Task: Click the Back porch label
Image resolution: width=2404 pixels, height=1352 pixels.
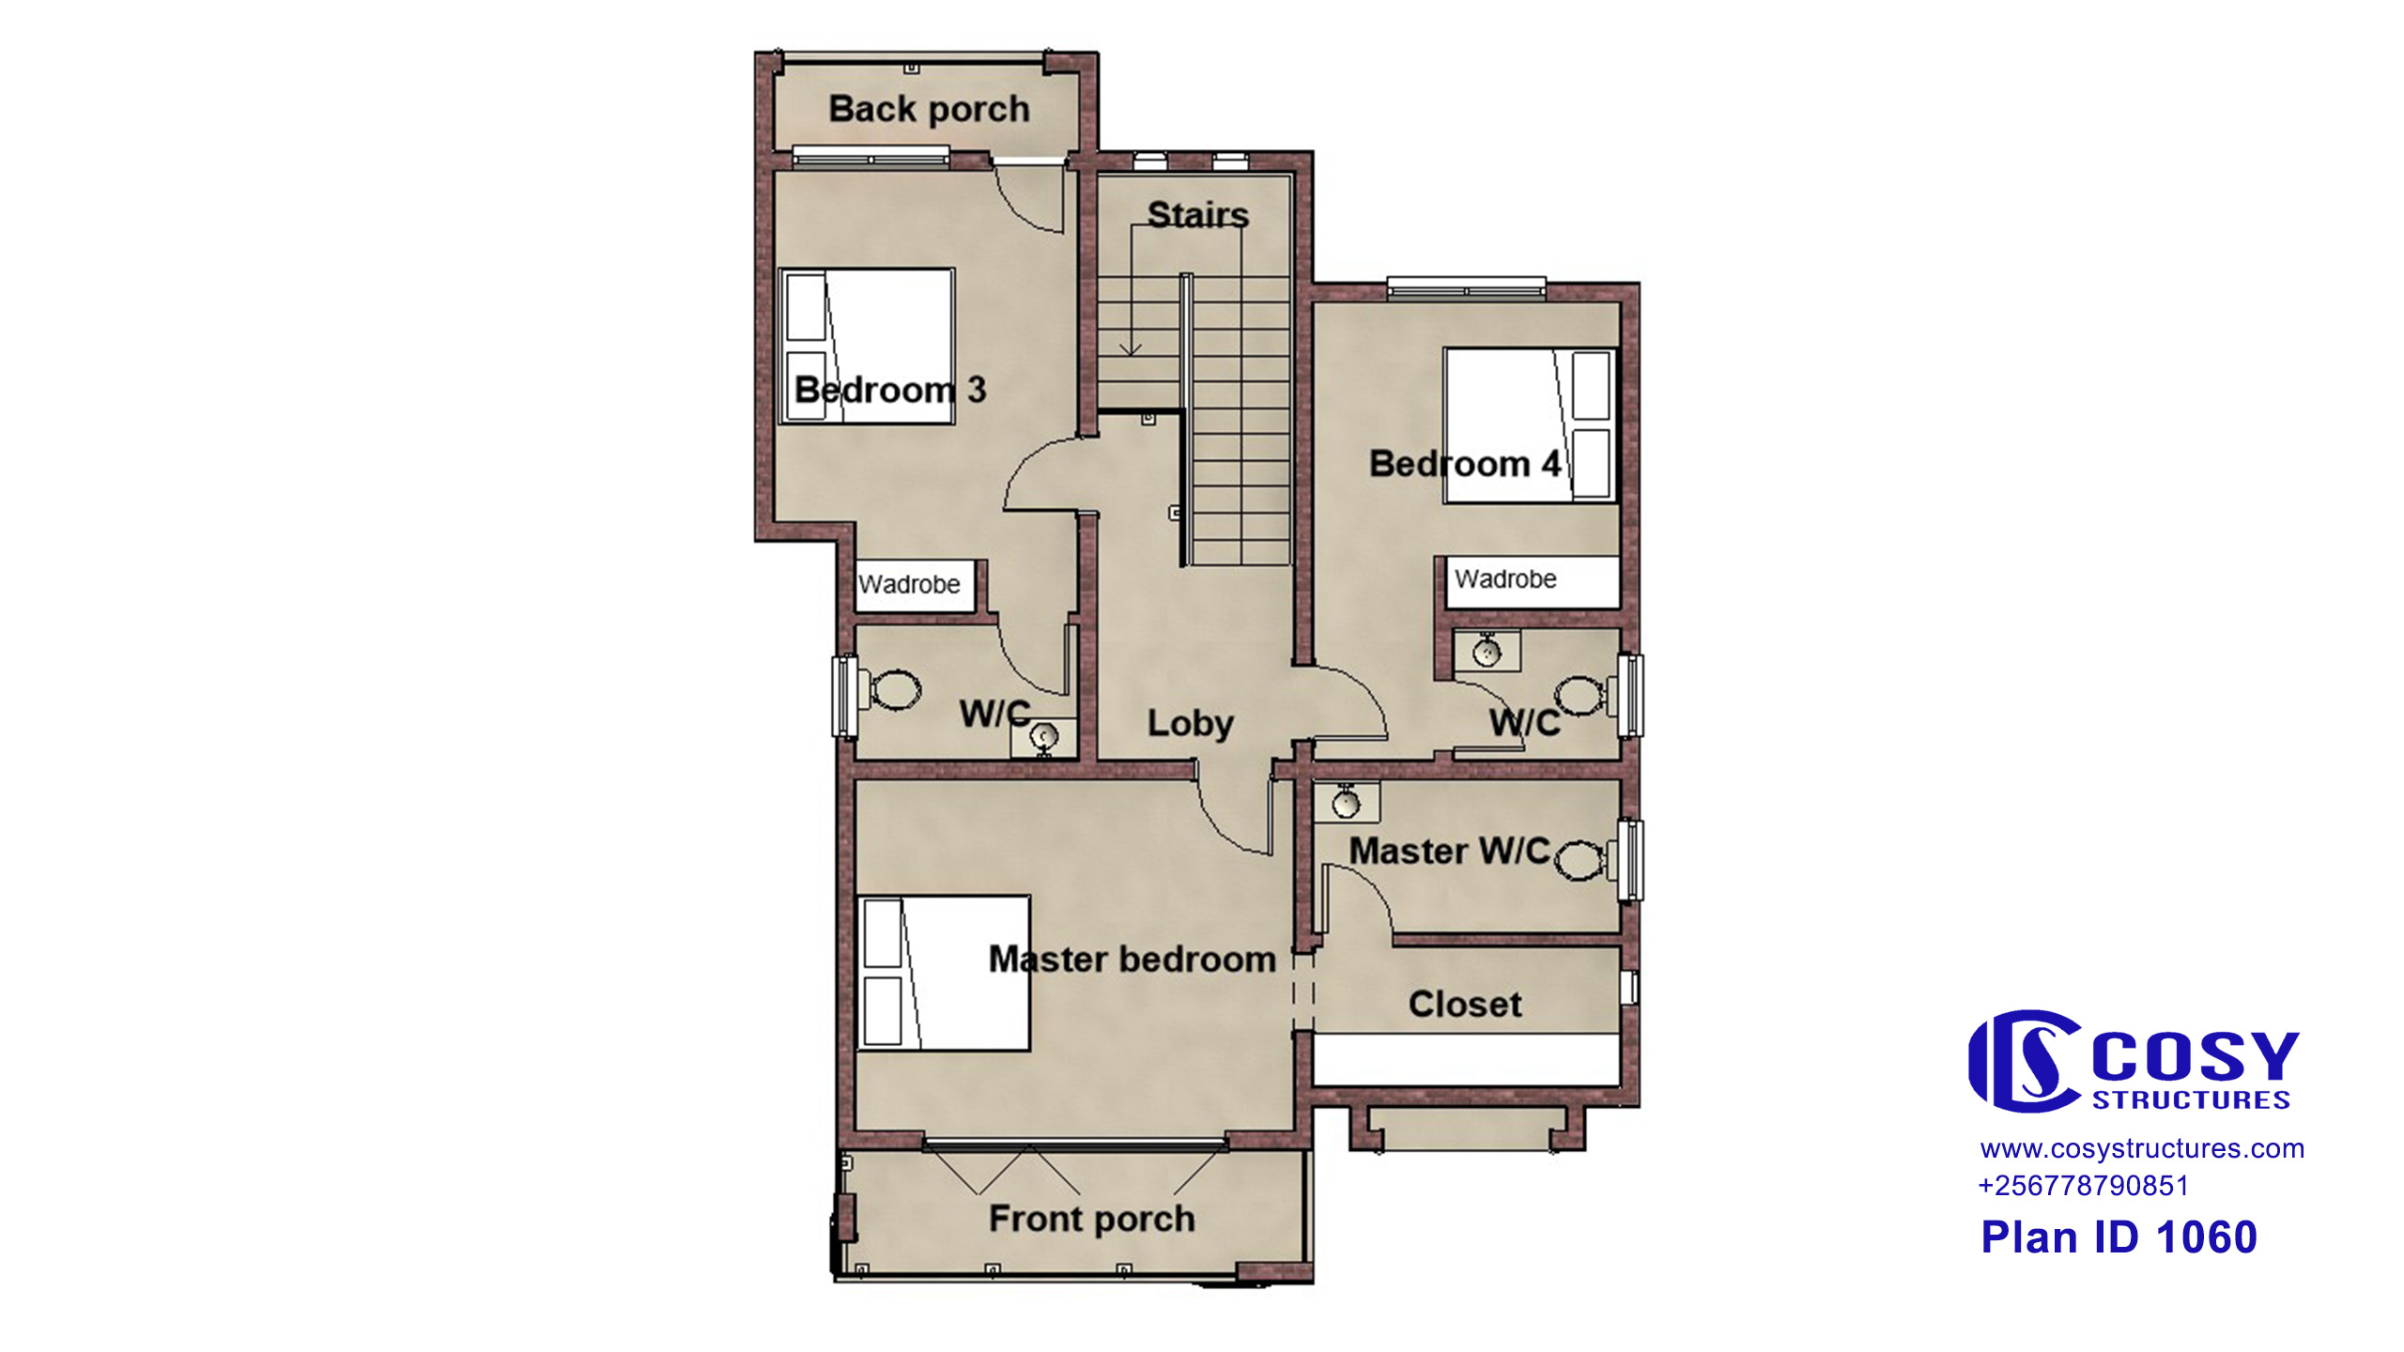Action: [929, 110]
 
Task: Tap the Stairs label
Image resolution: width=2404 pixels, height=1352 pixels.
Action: [1198, 215]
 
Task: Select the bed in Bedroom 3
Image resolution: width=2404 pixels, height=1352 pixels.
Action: [867, 346]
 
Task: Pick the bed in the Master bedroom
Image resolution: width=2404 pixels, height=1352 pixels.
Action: [944, 973]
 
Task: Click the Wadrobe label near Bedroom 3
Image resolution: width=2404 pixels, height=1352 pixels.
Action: [909, 585]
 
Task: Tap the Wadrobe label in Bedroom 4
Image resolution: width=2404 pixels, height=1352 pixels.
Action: [1505, 579]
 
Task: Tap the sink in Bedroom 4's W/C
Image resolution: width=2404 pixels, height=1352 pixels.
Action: [1487, 652]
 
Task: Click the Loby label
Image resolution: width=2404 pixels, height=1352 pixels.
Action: [1190, 724]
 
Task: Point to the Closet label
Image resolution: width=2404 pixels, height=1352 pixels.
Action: [1465, 1005]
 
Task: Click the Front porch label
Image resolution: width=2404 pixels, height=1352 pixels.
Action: [1091, 1219]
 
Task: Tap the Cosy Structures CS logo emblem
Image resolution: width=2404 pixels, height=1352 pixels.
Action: [2026, 1061]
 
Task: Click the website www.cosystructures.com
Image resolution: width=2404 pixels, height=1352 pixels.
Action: [2142, 1149]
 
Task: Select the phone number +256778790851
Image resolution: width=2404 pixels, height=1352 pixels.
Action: [2083, 1186]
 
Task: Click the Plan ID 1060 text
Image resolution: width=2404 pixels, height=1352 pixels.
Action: [2119, 1237]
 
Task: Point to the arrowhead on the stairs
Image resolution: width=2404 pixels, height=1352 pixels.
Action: [1131, 350]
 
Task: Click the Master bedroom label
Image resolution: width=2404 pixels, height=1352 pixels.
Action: [1133, 960]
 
